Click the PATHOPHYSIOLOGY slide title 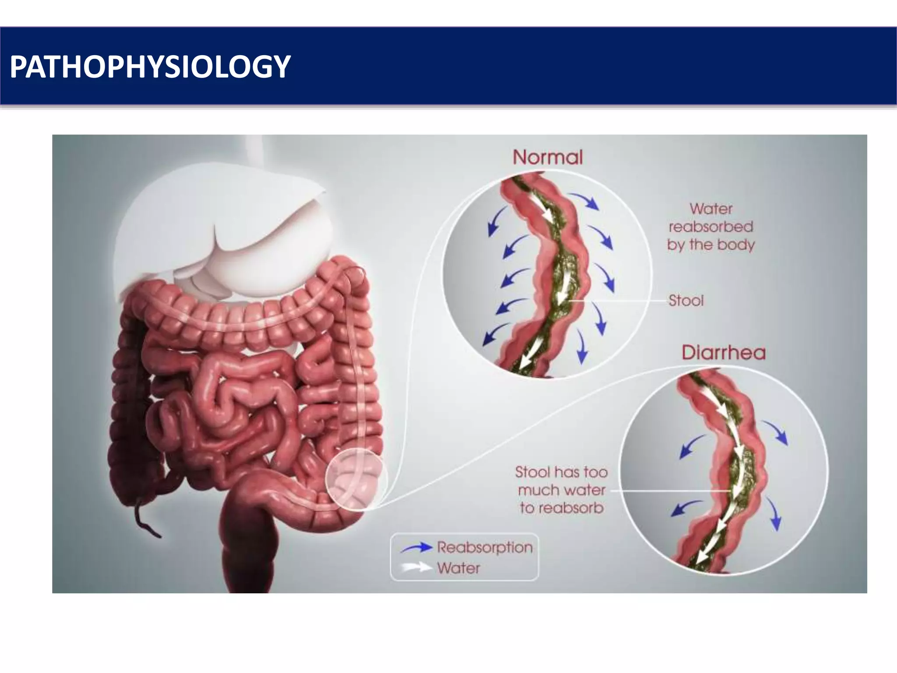(150, 67)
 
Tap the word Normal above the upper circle (547, 157)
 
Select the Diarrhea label (723, 353)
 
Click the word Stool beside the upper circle (686, 301)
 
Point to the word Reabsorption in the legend (484, 547)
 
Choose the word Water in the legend (458, 568)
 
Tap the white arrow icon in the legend (416, 568)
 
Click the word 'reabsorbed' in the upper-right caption (711, 227)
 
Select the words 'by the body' (711, 244)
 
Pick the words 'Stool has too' (561, 472)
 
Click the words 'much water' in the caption (562, 490)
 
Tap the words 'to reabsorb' (562, 508)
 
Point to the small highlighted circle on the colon (356, 480)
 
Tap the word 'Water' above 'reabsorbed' (711, 209)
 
